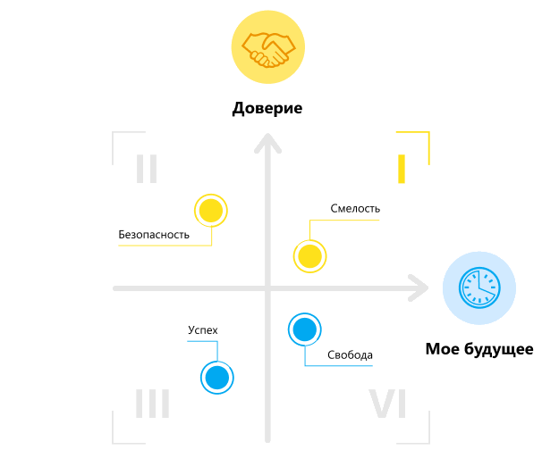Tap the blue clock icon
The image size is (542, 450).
(478, 288)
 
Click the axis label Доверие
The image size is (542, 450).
(267, 110)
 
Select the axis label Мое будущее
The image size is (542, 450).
(479, 349)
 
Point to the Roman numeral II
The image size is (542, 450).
(147, 169)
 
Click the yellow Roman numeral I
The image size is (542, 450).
(402, 169)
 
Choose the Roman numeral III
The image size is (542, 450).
(152, 404)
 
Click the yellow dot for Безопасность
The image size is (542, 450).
(210, 211)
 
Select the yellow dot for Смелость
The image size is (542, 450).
(309, 256)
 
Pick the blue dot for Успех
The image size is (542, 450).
(216, 377)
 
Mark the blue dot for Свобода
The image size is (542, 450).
(304, 329)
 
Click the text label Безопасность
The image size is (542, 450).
(154, 236)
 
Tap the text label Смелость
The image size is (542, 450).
(355, 209)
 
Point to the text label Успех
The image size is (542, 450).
(202, 330)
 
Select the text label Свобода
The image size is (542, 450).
(350, 355)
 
